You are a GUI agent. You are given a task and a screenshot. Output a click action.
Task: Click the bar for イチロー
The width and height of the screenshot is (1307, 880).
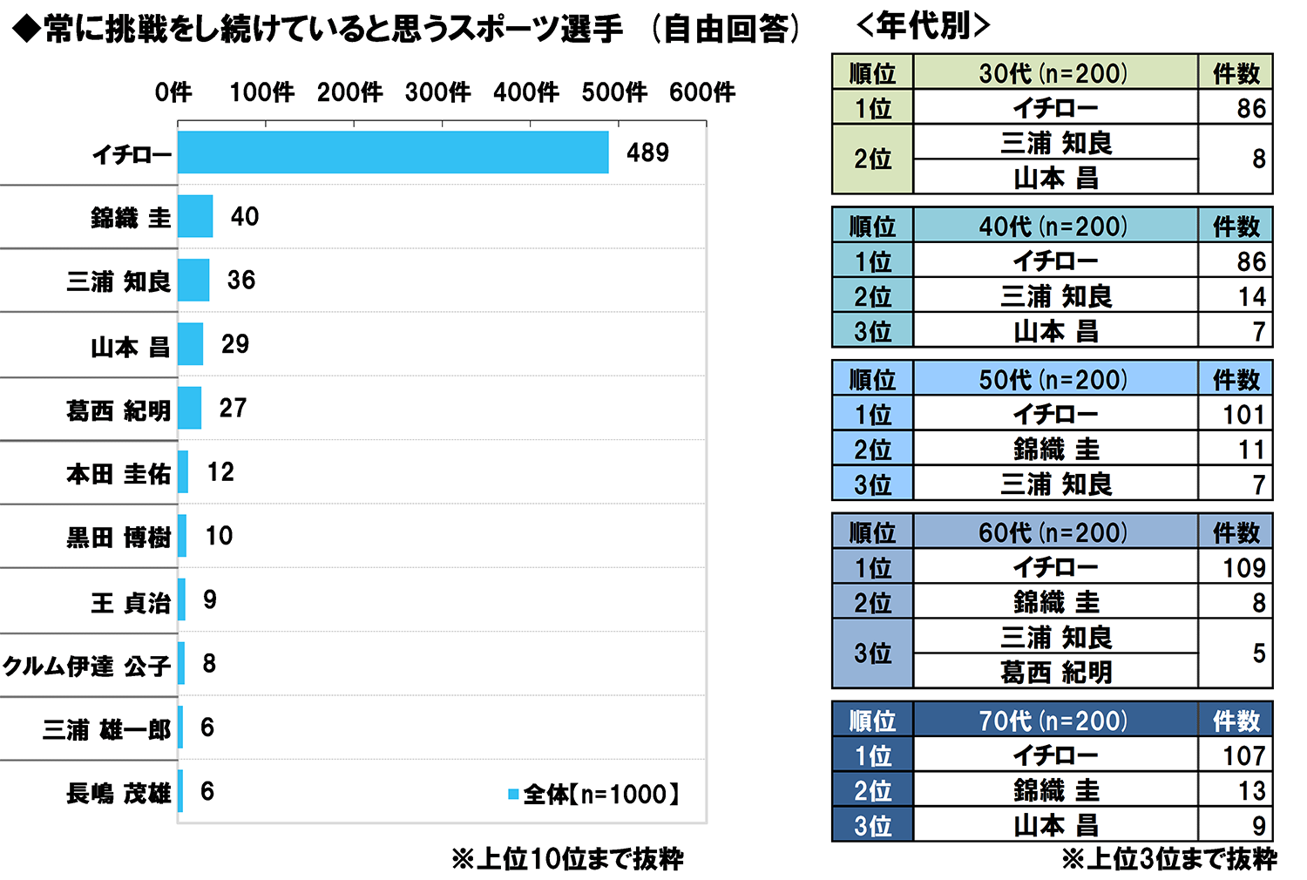393,152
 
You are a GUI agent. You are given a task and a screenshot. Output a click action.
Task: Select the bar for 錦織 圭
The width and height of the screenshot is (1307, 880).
195,216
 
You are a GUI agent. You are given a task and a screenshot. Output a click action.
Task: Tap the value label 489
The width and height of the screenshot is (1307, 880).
647,152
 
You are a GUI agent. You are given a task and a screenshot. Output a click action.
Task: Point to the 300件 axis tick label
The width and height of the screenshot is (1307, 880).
437,91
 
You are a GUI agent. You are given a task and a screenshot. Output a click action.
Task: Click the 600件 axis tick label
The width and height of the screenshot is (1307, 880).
702,91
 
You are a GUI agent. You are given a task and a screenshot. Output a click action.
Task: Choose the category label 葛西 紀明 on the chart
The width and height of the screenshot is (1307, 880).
119,410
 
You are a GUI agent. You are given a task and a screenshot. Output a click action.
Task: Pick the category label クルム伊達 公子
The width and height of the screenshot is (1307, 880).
87,666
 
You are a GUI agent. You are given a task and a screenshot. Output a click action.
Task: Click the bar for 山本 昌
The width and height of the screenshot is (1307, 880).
190,344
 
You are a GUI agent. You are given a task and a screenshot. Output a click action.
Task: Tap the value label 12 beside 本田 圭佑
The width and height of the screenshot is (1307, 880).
220,472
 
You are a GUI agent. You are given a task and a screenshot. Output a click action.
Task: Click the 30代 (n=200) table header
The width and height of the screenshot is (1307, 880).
1054,73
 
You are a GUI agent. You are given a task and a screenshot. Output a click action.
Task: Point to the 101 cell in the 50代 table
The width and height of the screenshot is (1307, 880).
1243,415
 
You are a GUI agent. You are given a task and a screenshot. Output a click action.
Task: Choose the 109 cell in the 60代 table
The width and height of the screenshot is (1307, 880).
1243,568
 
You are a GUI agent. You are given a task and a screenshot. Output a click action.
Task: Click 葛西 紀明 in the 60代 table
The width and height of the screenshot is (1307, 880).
1055,672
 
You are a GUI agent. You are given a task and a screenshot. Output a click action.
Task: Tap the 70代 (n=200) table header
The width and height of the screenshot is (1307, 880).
1054,721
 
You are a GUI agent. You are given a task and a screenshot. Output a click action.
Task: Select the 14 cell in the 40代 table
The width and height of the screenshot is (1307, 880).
1251,296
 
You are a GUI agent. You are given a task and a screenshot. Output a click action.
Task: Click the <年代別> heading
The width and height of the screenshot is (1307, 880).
924,26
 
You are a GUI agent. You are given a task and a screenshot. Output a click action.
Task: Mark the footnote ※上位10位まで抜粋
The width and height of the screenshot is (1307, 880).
567,859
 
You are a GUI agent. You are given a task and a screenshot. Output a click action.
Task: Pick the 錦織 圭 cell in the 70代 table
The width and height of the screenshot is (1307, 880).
1055,790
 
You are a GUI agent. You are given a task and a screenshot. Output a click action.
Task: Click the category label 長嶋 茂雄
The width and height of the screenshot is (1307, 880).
119,793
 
